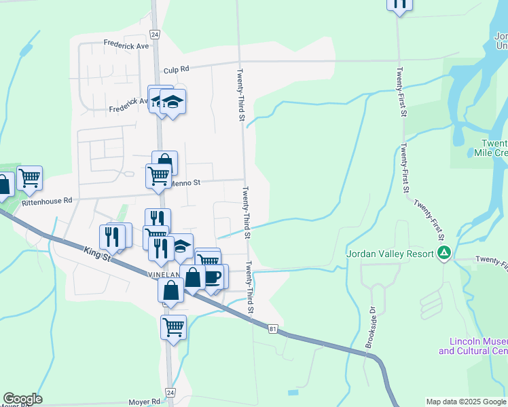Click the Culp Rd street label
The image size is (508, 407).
pyautogui.click(x=176, y=69)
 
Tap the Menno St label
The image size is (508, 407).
pyautogui.click(x=187, y=182)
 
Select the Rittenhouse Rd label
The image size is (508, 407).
pyautogui.click(x=46, y=201)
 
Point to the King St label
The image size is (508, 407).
pyautogui.click(x=98, y=254)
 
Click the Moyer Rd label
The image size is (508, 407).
pyautogui.click(x=147, y=402)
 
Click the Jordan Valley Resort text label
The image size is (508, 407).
pyautogui.click(x=391, y=254)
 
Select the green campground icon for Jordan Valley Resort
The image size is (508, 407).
pyautogui.click(x=444, y=254)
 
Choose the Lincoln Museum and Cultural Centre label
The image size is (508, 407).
pyautogui.click(x=473, y=346)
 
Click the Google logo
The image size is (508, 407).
pyautogui.click(x=22, y=399)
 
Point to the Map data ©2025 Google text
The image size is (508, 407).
pyautogui.click(x=466, y=402)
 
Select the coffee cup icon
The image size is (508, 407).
pyautogui.click(x=213, y=276)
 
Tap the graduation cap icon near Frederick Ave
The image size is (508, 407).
pyautogui.click(x=173, y=102)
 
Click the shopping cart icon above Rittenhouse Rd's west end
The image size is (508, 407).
pyautogui.click(x=29, y=178)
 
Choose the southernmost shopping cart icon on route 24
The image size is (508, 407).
pyautogui.click(x=174, y=326)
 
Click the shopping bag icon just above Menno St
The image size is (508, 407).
pyautogui.click(x=164, y=163)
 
